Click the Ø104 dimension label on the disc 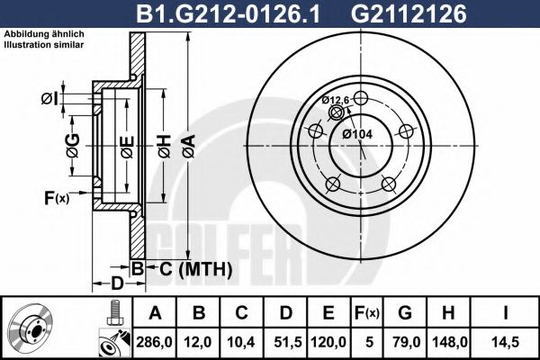pos(358,134)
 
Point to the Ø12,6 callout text pos(336,100)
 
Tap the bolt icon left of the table pos(114,313)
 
